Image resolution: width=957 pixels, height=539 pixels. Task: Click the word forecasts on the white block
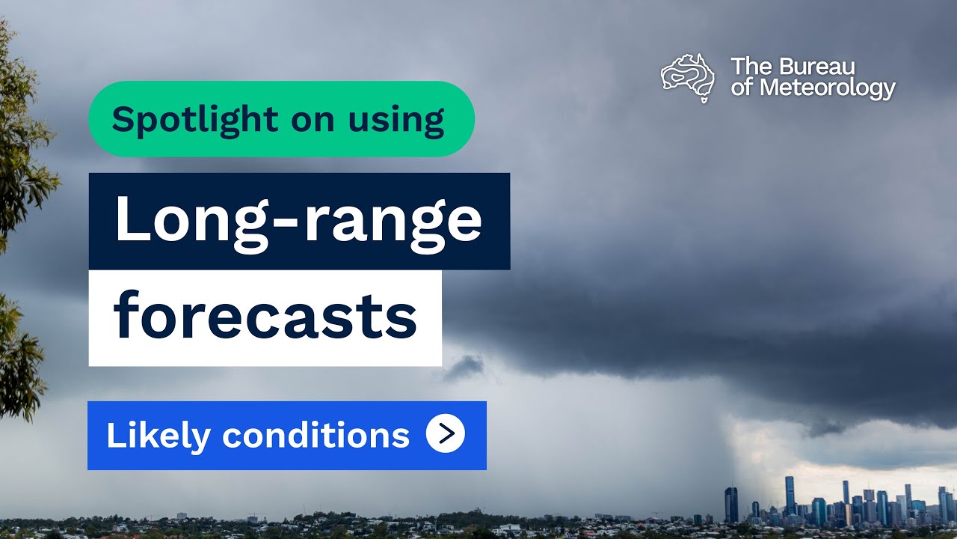[x=265, y=317]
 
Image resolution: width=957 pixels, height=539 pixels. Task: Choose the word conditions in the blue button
[x=316, y=435]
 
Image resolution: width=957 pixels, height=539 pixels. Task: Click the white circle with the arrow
[x=446, y=434]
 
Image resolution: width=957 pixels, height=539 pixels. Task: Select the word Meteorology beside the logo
[x=827, y=88]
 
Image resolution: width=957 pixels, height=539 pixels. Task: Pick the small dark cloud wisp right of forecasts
[x=465, y=367]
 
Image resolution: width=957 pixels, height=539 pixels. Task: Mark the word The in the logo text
[x=747, y=66]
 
